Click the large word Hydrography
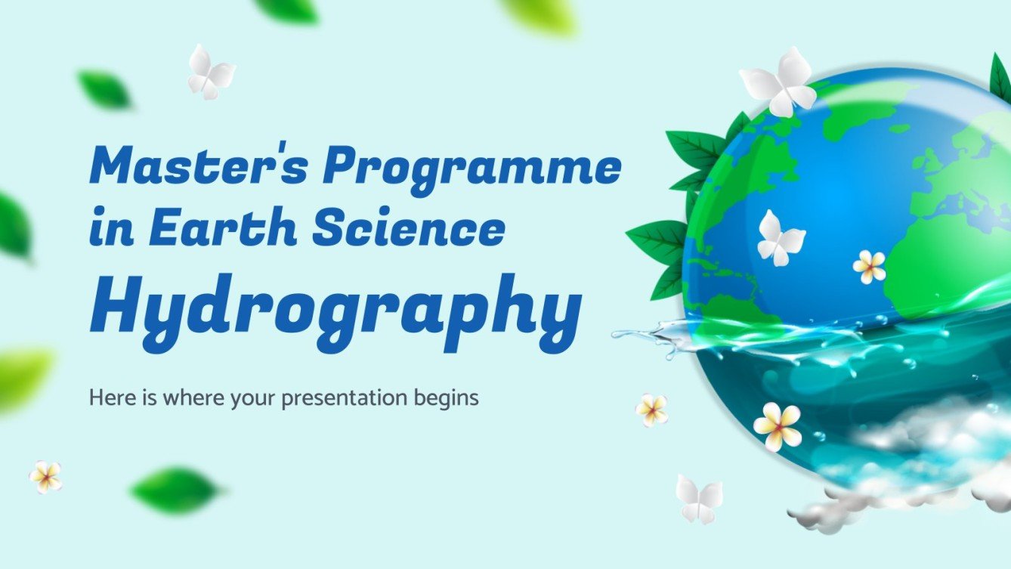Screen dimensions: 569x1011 pyautogui.click(x=335, y=305)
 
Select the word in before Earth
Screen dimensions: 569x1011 pyautogui.click(x=108, y=229)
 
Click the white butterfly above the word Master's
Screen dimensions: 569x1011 pyautogui.click(x=210, y=73)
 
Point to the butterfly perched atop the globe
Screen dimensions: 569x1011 pyautogui.click(x=779, y=82)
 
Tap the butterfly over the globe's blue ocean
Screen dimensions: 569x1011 pyautogui.click(x=780, y=238)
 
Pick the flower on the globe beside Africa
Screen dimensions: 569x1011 pyautogui.click(x=869, y=267)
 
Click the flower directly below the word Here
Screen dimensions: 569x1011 pyautogui.click(x=45, y=477)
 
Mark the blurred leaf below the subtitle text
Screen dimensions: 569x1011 pyautogui.click(x=175, y=490)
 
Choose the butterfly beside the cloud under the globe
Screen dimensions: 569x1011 pyautogui.click(x=698, y=498)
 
